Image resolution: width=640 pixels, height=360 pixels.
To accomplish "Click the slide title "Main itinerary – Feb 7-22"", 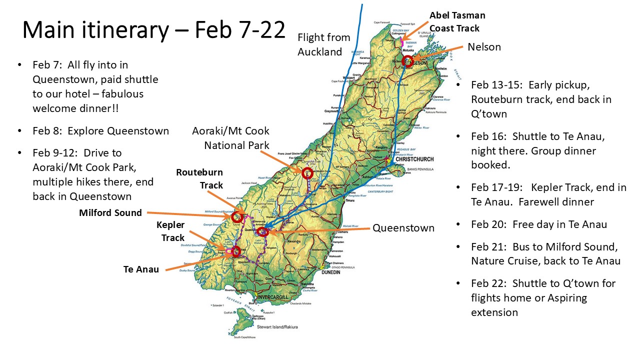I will (153, 30).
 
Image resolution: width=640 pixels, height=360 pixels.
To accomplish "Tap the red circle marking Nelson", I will (407, 61).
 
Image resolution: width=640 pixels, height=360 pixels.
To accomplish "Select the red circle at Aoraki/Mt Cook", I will (307, 173).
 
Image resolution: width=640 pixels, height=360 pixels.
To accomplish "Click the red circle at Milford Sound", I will (237, 217).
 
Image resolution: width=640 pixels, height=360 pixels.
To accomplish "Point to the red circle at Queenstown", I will (263, 231).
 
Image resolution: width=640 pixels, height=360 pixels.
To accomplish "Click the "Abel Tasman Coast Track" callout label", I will (457, 21).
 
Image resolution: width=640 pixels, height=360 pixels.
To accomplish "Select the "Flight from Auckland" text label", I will (323, 44).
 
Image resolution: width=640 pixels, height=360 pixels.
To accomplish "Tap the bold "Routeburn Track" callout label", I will (199, 178).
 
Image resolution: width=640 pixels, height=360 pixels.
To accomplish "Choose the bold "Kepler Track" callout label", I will (170, 231).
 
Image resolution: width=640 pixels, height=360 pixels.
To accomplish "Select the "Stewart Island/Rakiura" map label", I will (277, 327).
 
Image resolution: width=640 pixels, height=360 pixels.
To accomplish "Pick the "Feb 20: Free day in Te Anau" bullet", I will (539, 224).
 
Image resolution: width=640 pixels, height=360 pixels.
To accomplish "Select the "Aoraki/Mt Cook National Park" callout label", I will (230, 138).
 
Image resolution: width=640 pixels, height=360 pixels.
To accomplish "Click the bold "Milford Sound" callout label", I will (110, 213).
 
